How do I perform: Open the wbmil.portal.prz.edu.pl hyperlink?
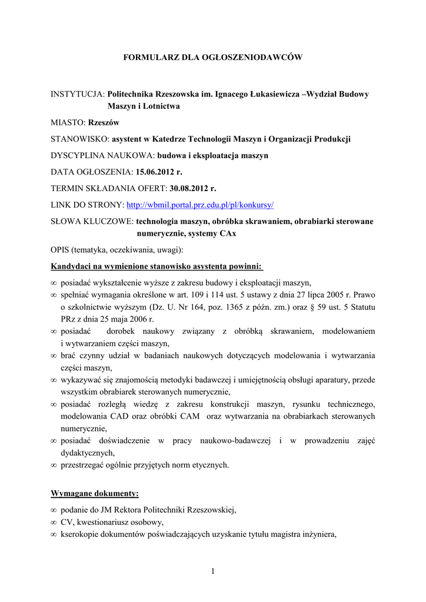tap(201, 205)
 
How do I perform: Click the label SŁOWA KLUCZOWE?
tap(92, 221)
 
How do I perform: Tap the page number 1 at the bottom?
tap(213, 571)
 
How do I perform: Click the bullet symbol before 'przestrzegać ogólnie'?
tap(54, 465)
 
